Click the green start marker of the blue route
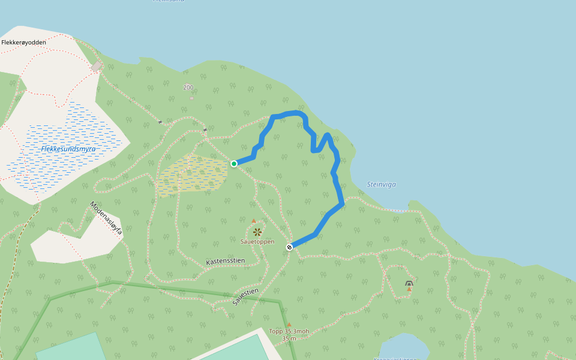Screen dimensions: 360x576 click(x=234, y=163)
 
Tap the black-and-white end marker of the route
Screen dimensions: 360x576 click(x=289, y=247)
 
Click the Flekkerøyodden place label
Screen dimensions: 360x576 click(x=24, y=43)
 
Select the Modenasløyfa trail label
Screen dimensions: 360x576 click(x=106, y=217)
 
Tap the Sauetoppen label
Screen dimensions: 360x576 click(x=257, y=242)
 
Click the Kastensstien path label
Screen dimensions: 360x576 click(x=226, y=262)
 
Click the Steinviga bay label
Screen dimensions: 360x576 click(x=382, y=184)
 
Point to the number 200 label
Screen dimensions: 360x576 click(x=188, y=88)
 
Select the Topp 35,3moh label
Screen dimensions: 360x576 click(x=289, y=331)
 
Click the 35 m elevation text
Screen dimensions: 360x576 click(x=289, y=338)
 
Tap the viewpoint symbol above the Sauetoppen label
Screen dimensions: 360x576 click(x=257, y=232)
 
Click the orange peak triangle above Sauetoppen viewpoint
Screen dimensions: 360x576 click(x=254, y=221)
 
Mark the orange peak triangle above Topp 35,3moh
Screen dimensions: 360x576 click(x=289, y=325)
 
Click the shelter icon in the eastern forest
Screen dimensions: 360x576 click(x=409, y=283)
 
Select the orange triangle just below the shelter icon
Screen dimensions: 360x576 click(x=409, y=289)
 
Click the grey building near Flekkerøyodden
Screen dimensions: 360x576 click(x=96, y=66)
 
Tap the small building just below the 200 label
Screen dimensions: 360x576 click(x=191, y=97)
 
